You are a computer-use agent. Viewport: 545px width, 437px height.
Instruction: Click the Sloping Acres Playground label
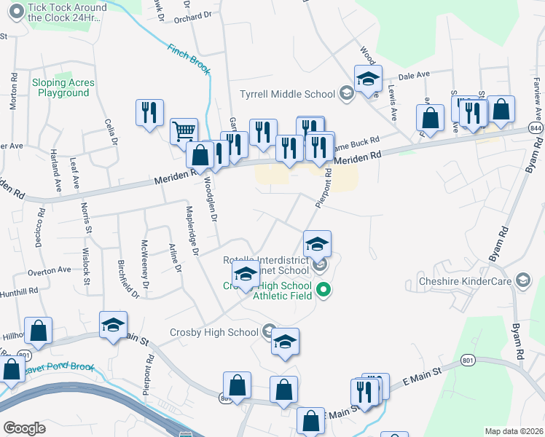point(63,88)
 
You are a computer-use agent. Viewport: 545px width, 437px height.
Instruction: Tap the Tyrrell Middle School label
point(287,94)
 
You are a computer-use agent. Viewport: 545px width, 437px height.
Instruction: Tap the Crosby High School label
point(213,332)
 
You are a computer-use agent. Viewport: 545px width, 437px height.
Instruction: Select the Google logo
point(24,428)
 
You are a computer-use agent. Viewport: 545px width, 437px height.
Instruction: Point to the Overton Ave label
point(49,270)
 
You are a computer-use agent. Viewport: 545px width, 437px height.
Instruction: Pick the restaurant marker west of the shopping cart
point(149,113)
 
